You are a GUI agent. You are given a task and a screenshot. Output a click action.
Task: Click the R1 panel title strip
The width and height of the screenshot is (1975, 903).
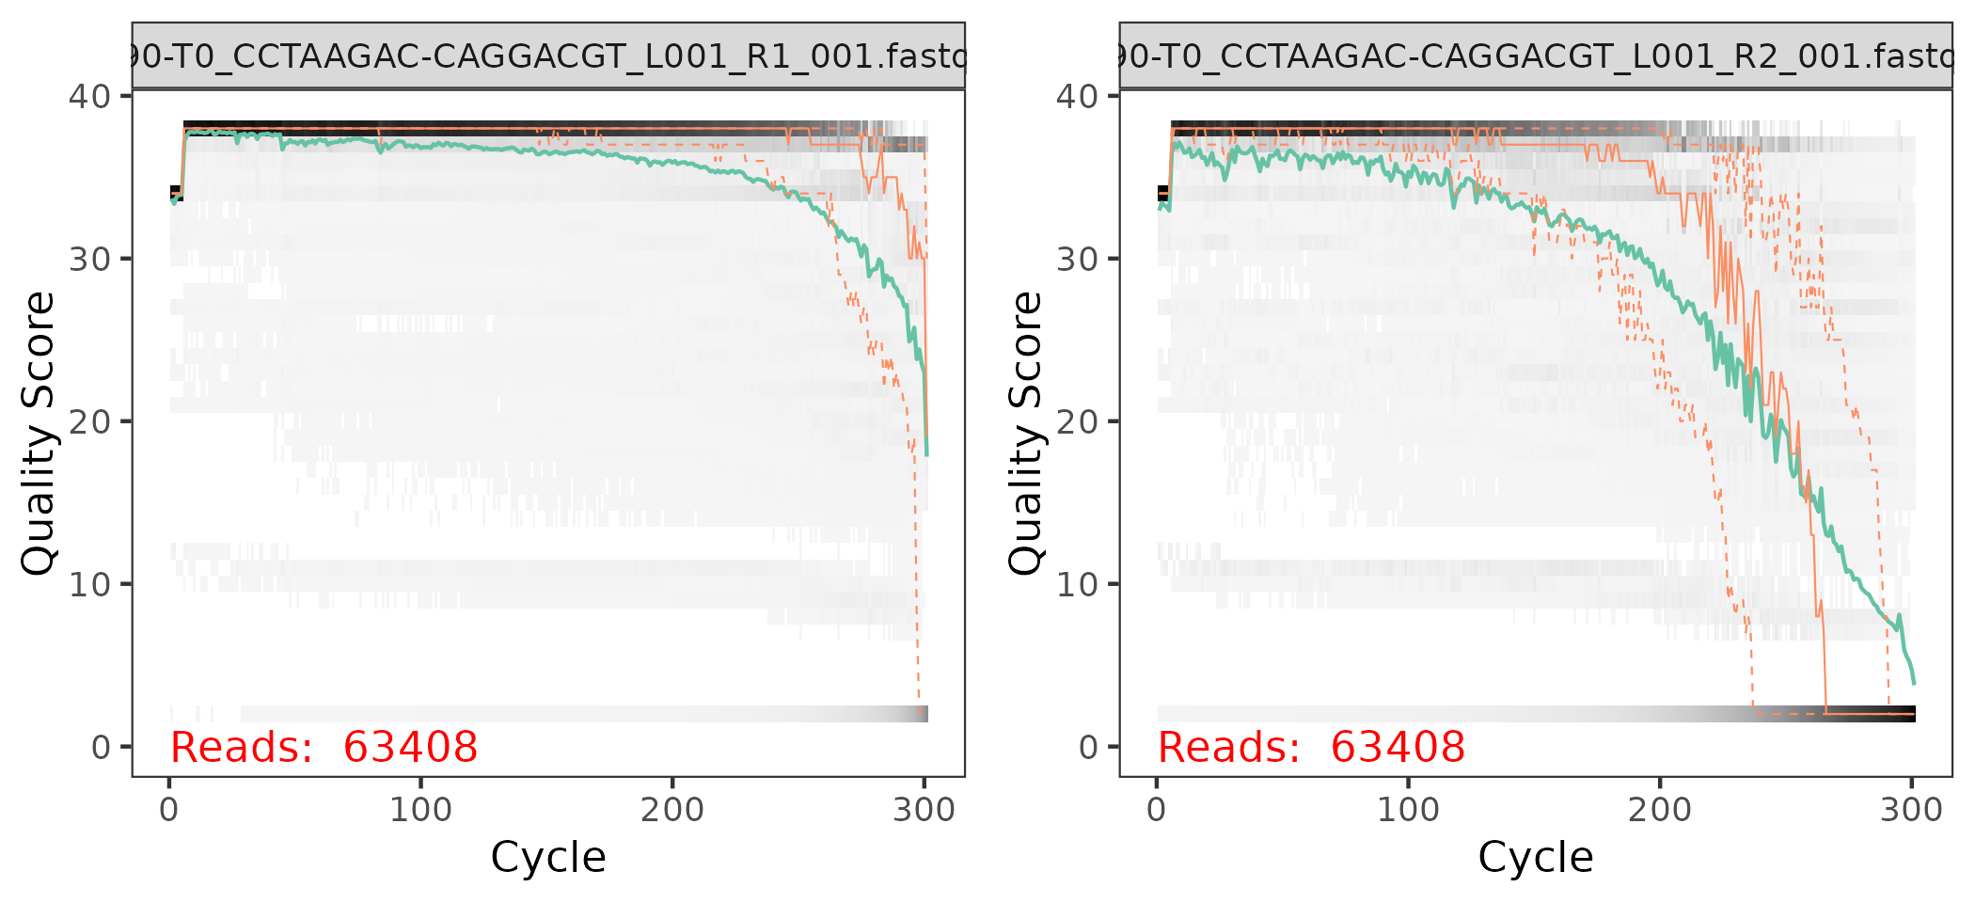tap(548, 56)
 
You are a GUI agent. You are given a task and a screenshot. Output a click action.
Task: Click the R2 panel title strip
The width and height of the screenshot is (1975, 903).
tap(1536, 56)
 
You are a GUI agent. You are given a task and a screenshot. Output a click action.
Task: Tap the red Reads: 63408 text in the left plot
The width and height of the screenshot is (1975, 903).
tap(324, 748)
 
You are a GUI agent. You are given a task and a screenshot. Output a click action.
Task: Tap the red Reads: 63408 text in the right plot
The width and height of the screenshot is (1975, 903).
tap(1311, 748)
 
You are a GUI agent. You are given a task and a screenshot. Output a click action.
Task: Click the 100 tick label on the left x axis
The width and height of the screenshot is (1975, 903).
tap(420, 810)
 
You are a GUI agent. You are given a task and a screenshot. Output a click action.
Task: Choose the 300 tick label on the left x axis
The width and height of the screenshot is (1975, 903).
tap(924, 810)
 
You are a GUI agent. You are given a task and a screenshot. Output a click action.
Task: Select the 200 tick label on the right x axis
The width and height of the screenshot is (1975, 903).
tap(1660, 810)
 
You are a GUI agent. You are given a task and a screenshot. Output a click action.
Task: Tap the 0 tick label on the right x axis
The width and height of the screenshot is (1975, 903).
tap(1157, 810)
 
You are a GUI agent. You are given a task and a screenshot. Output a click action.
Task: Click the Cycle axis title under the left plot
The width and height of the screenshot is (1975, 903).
tap(548, 858)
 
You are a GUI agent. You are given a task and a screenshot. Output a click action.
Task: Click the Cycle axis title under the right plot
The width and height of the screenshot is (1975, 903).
tap(1536, 858)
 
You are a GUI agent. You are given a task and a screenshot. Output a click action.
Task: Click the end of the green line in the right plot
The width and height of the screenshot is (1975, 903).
tap(1914, 683)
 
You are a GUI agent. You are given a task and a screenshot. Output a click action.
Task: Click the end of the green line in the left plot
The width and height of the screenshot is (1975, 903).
tap(926, 454)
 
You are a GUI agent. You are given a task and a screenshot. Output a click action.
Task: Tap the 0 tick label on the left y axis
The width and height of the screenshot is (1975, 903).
tap(100, 748)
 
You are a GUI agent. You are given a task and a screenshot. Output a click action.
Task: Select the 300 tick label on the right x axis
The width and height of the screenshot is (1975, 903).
tap(1911, 810)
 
